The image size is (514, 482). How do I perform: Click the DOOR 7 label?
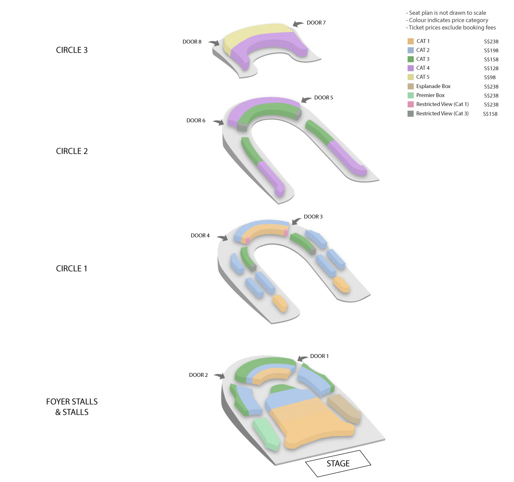pyautogui.click(x=316, y=23)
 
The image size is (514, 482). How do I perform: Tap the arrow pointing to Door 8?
pyautogui.click(x=214, y=43)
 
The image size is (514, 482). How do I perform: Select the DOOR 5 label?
pyautogui.click(x=323, y=97)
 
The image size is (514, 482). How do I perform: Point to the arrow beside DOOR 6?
pyautogui.click(x=218, y=122)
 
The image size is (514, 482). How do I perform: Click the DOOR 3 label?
pyautogui.click(x=313, y=216)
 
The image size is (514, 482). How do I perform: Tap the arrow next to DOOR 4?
pyautogui.click(x=222, y=238)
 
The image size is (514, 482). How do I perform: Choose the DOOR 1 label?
pyautogui.click(x=319, y=356)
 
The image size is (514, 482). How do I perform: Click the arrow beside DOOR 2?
pyautogui.click(x=220, y=376)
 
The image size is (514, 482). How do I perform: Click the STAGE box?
pyautogui.click(x=338, y=463)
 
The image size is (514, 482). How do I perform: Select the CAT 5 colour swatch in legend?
pyautogui.click(x=411, y=77)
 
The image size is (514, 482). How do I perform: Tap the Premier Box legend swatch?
pyautogui.click(x=411, y=96)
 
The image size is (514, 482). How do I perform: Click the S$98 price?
pyautogui.click(x=490, y=78)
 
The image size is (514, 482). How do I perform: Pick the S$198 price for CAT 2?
pyautogui.click(x=491, y=50)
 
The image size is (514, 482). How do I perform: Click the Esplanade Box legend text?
pyautogui.click(x=433, y=86)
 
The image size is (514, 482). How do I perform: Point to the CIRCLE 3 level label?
pyautogui.click(x=72, y=50)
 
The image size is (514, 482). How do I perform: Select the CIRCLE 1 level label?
pyautogui.click(x=71, y=268)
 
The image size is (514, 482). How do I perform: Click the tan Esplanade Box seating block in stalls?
pyautogui.click(x=344, y=408)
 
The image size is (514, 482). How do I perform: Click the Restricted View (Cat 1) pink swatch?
pyautogui.click(x=411, y=104)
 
